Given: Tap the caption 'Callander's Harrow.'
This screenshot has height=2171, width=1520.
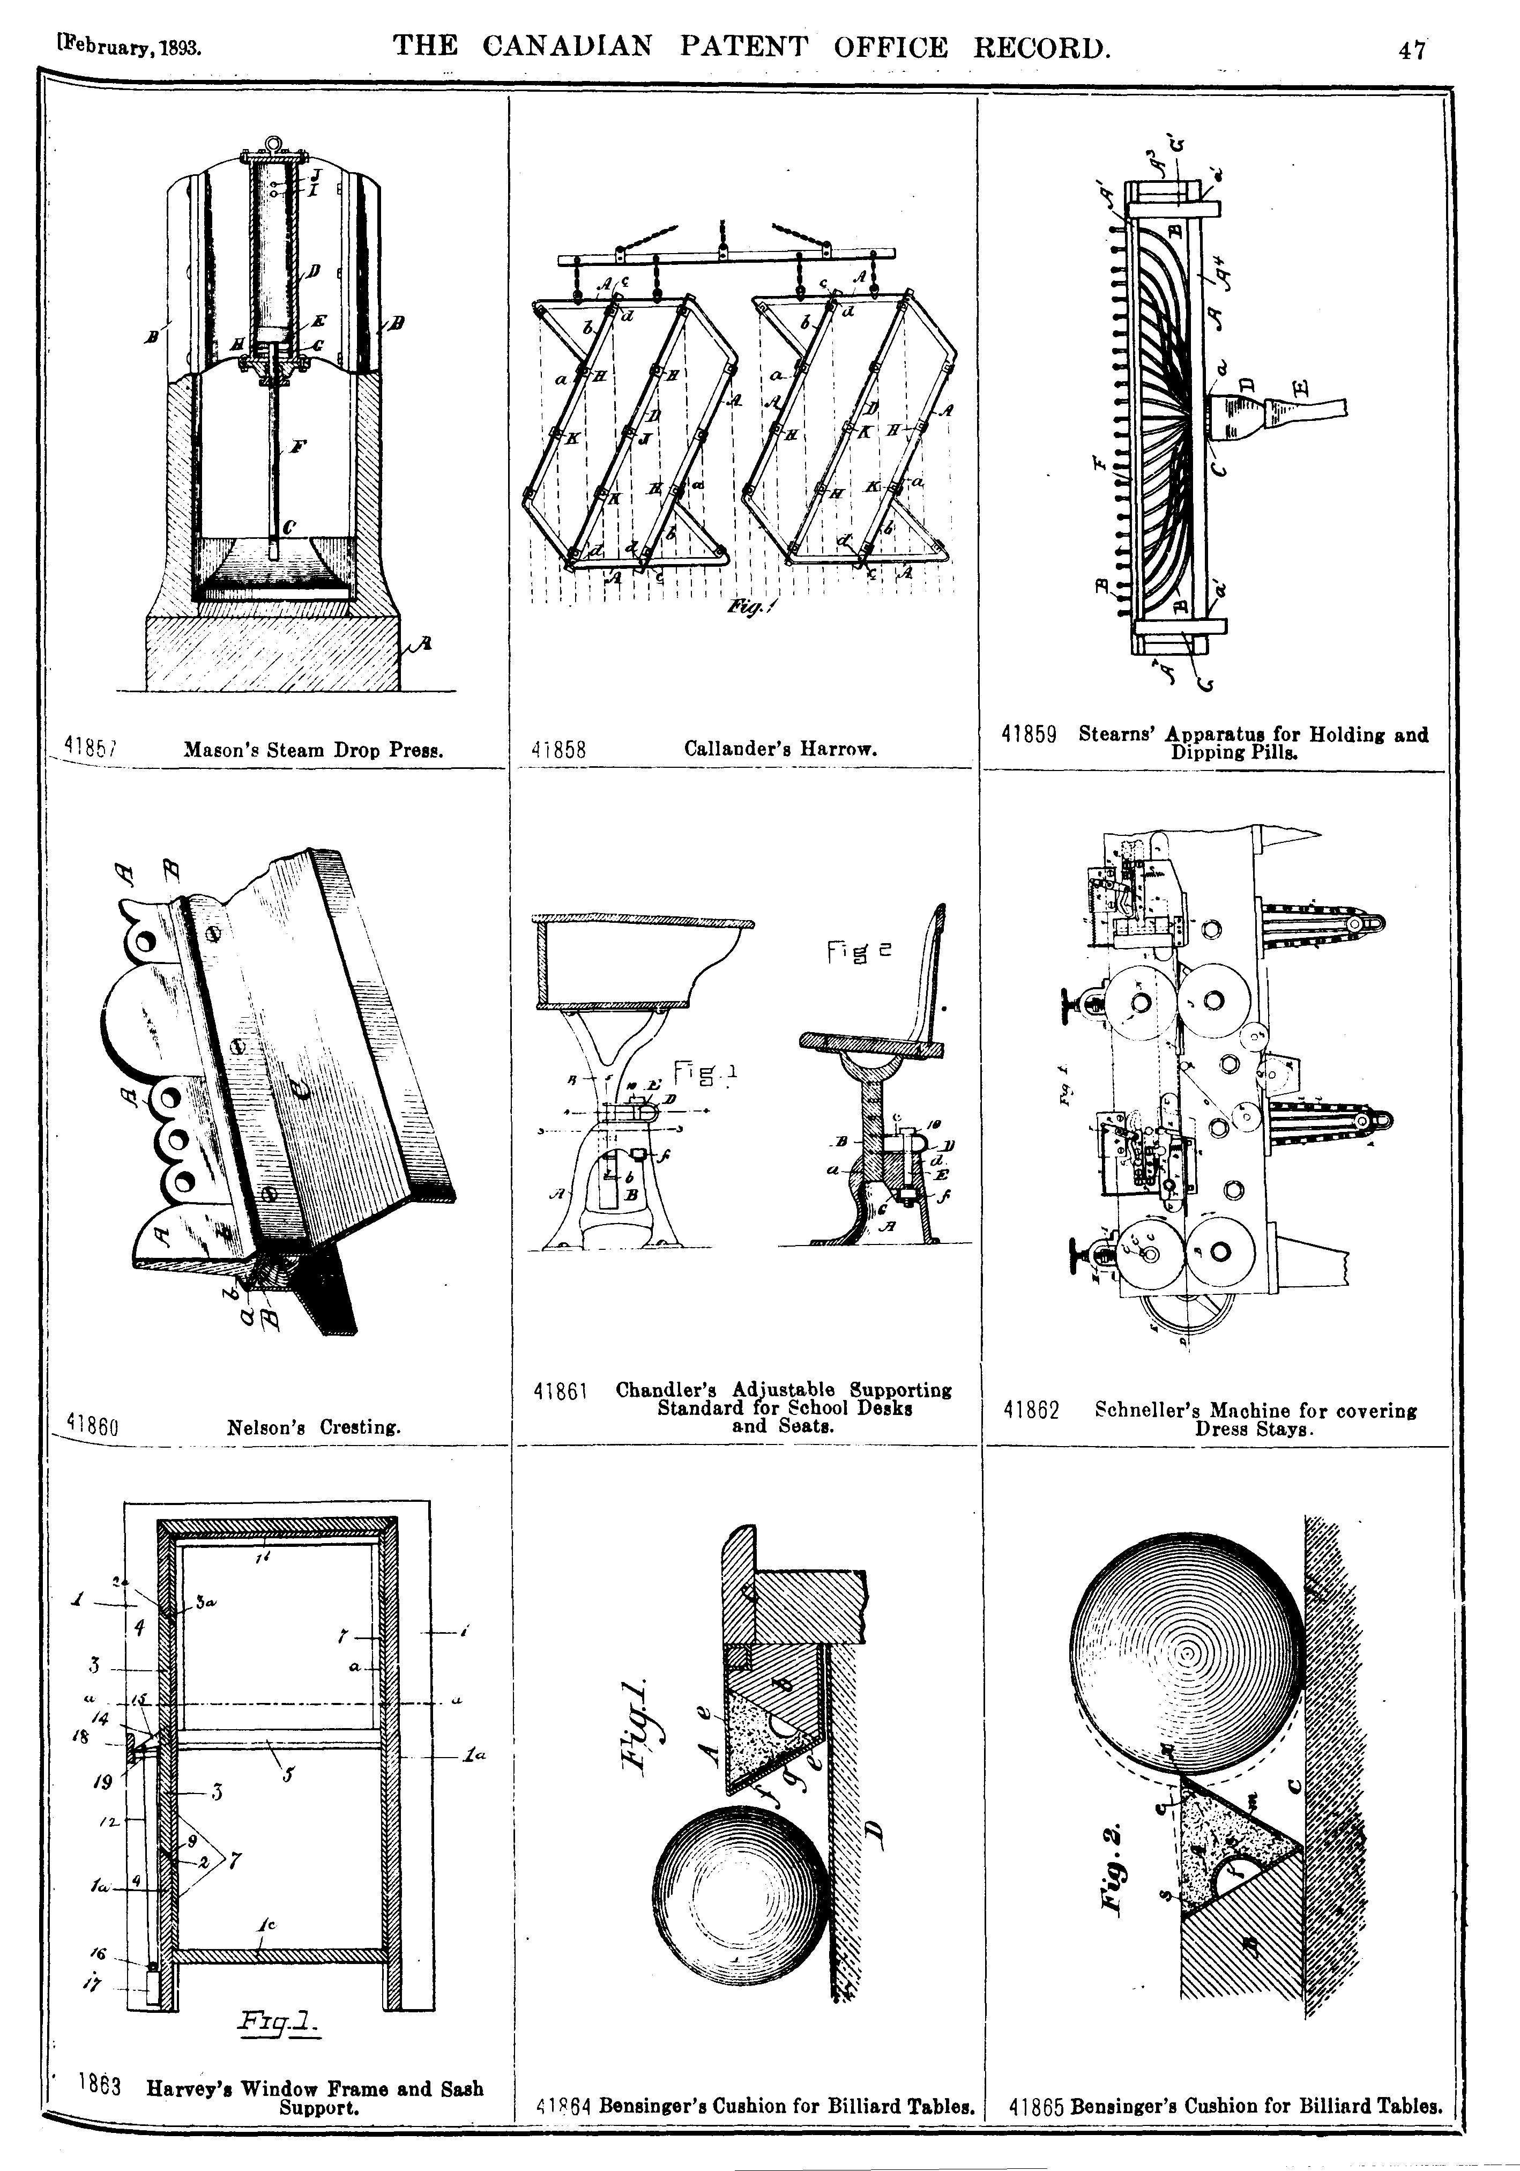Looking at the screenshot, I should tap(781, 749).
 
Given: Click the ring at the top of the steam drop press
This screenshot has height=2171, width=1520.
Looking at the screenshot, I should tap(273, 144).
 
